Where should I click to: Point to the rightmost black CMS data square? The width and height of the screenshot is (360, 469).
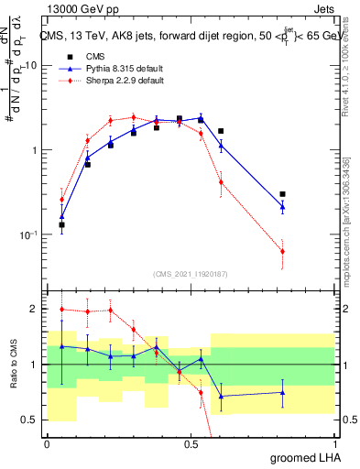[x=283, y=194]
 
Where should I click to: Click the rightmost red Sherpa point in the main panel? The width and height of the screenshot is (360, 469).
[x=283, y=251]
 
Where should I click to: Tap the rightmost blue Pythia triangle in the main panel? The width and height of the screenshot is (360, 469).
[x=283, y=207]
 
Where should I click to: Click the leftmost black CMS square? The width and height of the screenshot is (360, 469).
[x=62, y=224]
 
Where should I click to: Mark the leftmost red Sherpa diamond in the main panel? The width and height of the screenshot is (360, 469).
[x=62, y=200]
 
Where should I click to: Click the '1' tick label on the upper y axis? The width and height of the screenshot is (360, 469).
[x=34, y=150]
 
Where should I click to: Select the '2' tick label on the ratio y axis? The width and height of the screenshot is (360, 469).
[x=35, y=310]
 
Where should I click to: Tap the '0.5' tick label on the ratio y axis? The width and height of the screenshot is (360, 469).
[x=28, y=420]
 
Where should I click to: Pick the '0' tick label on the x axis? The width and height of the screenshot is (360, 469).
[x=48, y=443]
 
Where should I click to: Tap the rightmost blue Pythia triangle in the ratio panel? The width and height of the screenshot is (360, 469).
[x=283, y=393]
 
